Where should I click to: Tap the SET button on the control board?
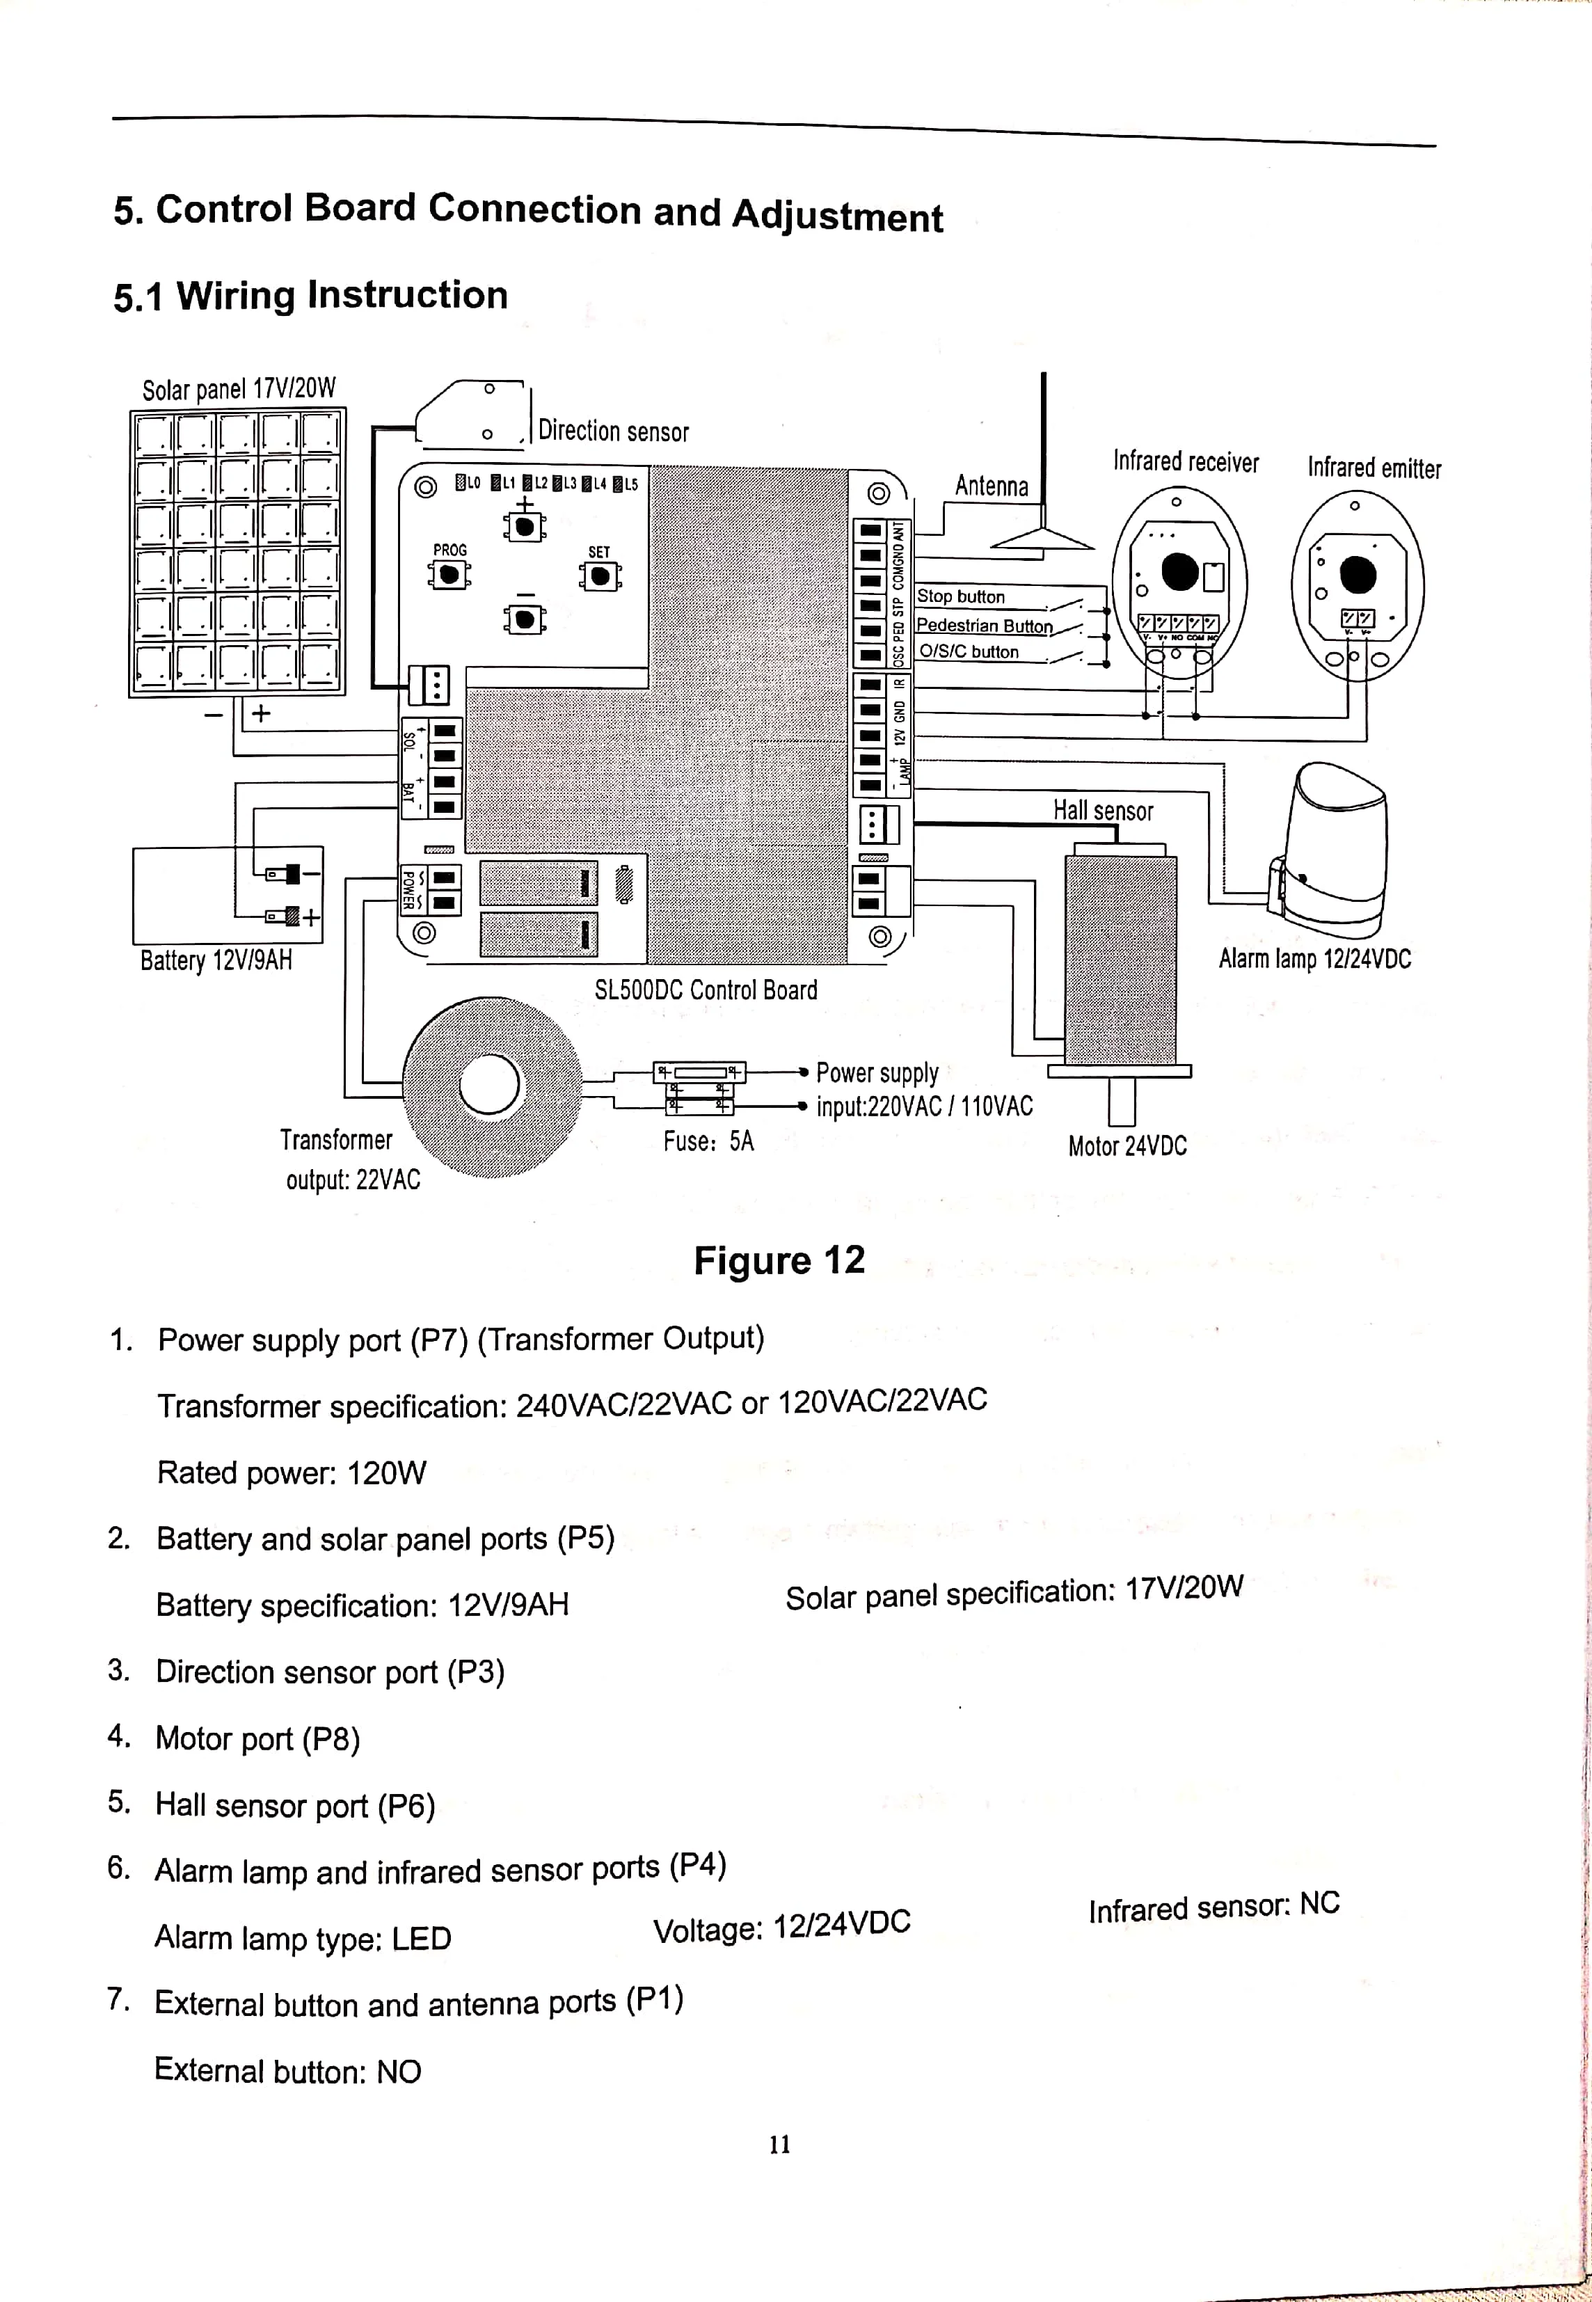600,576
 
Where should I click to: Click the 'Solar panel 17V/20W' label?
239,388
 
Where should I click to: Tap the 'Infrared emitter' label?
1374,468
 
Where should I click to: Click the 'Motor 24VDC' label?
1127,1146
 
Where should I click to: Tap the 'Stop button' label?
961,596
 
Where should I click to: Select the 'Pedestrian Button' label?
984,626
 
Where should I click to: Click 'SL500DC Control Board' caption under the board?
706,990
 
